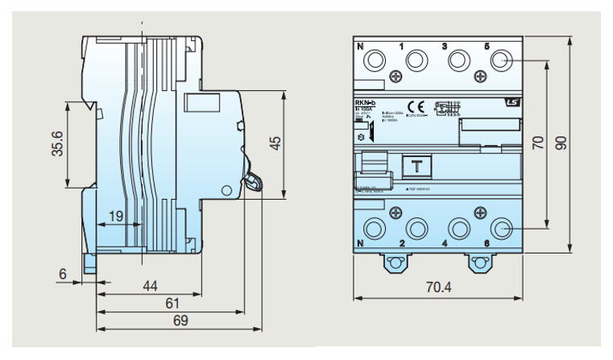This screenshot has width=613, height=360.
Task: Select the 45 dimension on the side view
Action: (x=275, y=142)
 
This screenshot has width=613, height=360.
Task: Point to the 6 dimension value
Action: (x=62, y=274)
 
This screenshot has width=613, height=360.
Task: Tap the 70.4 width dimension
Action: (x=438, y=288)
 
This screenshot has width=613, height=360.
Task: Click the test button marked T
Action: (x=416, y=167)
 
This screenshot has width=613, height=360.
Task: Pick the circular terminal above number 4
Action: (x=459, y=228)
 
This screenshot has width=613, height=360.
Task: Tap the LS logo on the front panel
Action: (x=511, y=102)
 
